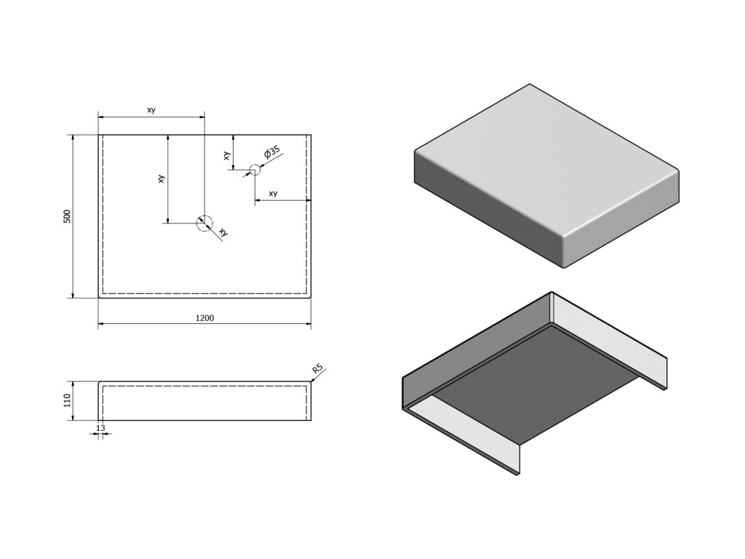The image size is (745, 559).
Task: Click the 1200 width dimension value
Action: [204, 317]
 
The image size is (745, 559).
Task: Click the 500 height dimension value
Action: [66, 216]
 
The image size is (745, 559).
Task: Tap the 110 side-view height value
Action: [66, 401]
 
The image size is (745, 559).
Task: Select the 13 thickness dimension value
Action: [100, 428]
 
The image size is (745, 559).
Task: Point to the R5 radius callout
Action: [317, 370]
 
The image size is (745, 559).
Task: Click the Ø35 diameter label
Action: [271, 153]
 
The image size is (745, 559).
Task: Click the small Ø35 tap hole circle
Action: [254, 170]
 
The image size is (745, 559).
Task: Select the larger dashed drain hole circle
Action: [204, 223]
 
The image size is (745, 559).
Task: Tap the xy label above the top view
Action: [151, 110]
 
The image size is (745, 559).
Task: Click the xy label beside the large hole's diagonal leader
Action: [223, 232]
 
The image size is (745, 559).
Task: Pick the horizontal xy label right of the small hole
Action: [273, 194]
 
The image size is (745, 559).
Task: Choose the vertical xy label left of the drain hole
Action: [162, 178]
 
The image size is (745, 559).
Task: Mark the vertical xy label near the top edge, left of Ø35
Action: [226, 155]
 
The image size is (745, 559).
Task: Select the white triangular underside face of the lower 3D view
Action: [466, 422]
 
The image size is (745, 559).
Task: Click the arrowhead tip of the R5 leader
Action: [311, 380]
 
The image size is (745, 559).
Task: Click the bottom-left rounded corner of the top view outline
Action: [100, 296]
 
